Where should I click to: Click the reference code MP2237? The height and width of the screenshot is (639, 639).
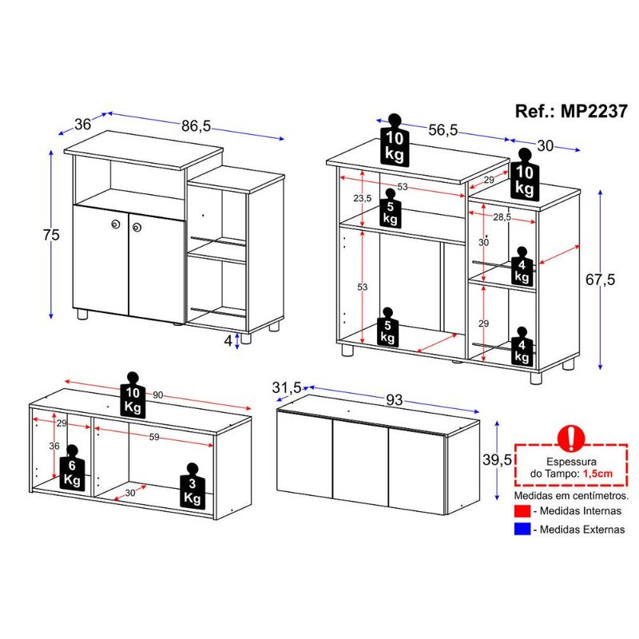(x=593, y=111)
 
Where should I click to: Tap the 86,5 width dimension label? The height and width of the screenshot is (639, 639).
(x=196, y=126)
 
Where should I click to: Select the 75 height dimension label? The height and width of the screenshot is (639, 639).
(x=51, y=235)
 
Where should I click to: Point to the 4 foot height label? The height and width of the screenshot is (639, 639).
(x=228, y=341)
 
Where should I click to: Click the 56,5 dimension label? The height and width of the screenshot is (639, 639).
(x=443, y=130)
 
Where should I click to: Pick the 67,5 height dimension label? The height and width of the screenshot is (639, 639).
(x=601, y=280)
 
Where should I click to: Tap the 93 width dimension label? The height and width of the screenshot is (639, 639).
(x=394, y=400)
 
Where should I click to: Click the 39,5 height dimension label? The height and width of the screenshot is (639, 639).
(x=497, y=460)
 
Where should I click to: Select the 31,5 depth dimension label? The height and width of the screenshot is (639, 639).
(x=287, y=387)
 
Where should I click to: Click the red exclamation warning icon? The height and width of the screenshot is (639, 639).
(x=571, y=438)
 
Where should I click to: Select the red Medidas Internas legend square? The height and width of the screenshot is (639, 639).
(x=522, y=510)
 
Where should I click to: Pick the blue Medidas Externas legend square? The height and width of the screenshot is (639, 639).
(x=522, y=529)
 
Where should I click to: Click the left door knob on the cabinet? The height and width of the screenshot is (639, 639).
(x=115, y=224)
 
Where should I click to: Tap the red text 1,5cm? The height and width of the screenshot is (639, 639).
(x=597, y=474)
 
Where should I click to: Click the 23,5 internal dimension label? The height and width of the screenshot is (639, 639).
(x=363, y=198)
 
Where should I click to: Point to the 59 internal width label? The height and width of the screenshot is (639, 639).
(x=154, y=437)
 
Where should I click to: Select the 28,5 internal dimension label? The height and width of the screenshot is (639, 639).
(x=502, y=217)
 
